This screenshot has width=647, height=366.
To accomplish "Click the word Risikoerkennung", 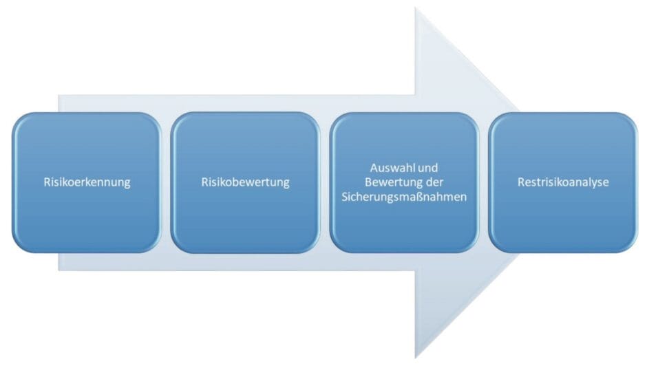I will (x=86, y=183).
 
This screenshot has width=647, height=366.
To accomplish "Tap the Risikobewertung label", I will (x=245, y=183).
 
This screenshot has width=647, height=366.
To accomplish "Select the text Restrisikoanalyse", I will (x=563, y=183).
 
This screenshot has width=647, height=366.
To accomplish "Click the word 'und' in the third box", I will (x=429, y=168).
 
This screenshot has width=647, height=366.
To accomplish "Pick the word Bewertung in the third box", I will (x=388, y=182).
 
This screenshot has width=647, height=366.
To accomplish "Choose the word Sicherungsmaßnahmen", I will (x=404, y=197).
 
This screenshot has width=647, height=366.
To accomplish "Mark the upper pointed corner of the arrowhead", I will (x=416, y=9).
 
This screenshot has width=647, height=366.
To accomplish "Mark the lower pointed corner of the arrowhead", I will (x=416, y=357).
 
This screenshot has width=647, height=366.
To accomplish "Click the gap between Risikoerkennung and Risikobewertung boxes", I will (x=166, y=183).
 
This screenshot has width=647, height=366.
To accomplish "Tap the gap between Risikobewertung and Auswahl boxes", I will (x=325, y=183).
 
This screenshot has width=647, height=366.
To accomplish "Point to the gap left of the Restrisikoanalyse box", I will (x=484, y=183).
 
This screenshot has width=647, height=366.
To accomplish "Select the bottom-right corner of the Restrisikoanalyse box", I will (x=633, y=248).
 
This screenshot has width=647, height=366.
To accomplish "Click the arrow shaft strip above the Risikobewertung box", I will (x=245, y=103).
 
